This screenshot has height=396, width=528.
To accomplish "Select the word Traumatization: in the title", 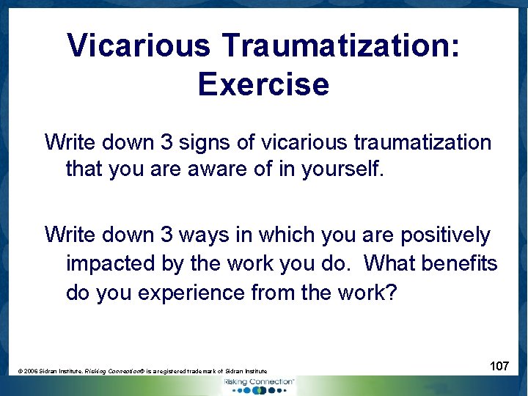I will tap(342, 45).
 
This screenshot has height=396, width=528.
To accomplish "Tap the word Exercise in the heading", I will tap(263, 84).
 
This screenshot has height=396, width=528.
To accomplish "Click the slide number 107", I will tap(499, 365).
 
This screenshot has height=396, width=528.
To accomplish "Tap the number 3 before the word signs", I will tap(161, 142).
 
